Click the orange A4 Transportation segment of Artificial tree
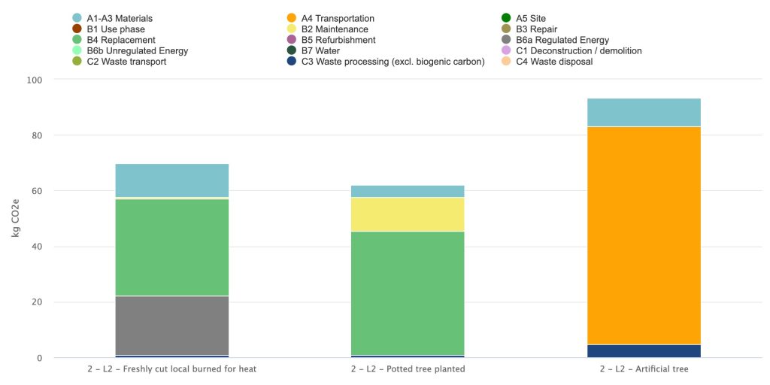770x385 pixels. point(644,235)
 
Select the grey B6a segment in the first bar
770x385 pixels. point(172,325)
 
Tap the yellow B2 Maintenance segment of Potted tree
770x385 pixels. point(408,214)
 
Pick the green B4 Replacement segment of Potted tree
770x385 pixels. point(408,293)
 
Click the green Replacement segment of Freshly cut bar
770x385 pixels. point(172,247)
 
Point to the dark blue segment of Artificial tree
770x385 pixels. point(644,351)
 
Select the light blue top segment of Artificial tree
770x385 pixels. point(644,113)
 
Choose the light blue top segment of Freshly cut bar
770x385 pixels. point(172,180)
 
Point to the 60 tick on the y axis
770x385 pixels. point(38,190)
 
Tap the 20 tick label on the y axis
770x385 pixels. point(38,302)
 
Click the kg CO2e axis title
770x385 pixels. point(15,218)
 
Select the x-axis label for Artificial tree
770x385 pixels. point(644,368)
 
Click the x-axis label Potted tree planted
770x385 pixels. point(408,368)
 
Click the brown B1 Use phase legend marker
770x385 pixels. point(77,29)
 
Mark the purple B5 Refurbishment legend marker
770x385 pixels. point(291,40)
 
